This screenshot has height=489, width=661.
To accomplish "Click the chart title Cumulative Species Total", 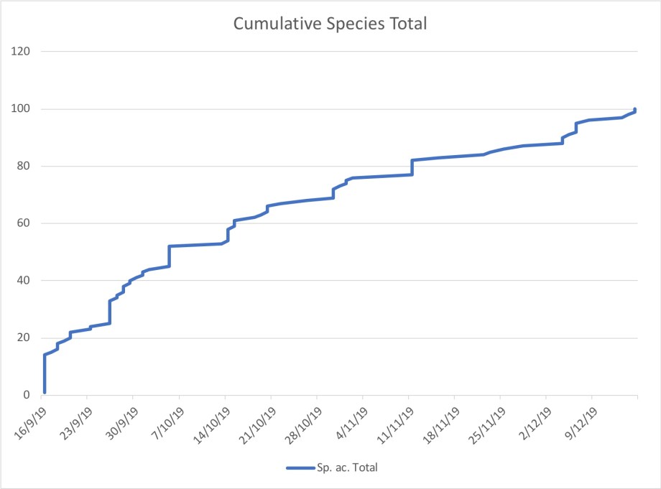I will coord(330,24).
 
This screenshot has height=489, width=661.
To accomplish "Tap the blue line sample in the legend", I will coord(299,468).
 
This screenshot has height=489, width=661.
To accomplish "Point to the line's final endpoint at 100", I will coord(636,109).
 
